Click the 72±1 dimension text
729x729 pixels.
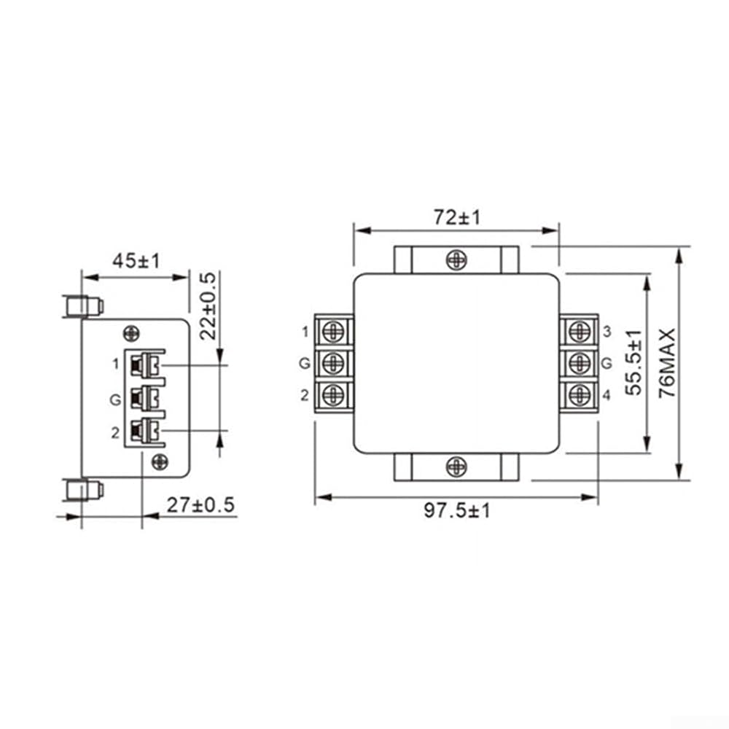pyautogui.click(x=456, y=217)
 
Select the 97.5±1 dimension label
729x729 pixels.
pyautogui.click(x=457, y=511)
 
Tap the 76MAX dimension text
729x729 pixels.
pyautogui.click(x=667, y=362)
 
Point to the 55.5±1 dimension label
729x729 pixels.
pyautogui.click(x=634, y=362)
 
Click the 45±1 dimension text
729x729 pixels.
pyautogui.click(x=136, y=261)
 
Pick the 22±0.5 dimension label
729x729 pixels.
pyautogui.click(x=208, y=306)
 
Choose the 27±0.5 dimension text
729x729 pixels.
pyautogui.click(x=201, y=505)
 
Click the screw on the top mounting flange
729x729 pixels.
pyautogui.click(x=456, y=260)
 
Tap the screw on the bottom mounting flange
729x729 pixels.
pyautogui.click(x=456, y=467)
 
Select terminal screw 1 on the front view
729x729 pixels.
pyautogui.click(x=333, y=332)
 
